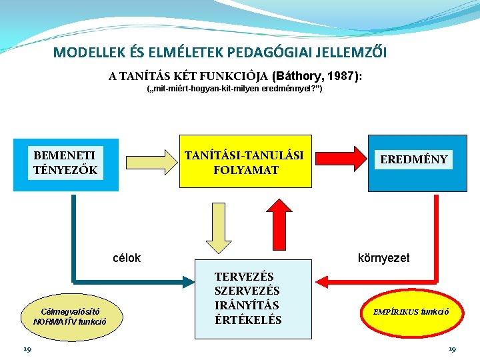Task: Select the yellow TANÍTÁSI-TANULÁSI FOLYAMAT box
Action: tap(244, 163)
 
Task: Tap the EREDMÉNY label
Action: tap(414, 160)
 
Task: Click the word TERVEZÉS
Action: tap(244, 277)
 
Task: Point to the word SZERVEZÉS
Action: tap(247, 291)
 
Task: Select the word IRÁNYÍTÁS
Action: tap(247, 305)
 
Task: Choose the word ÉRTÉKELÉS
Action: tap(248, 320)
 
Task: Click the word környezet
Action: tap(384, 258)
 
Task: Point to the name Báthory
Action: tap(297, 76)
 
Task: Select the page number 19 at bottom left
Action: tap(27, 349)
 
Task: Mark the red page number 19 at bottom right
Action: tap(452, 349)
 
